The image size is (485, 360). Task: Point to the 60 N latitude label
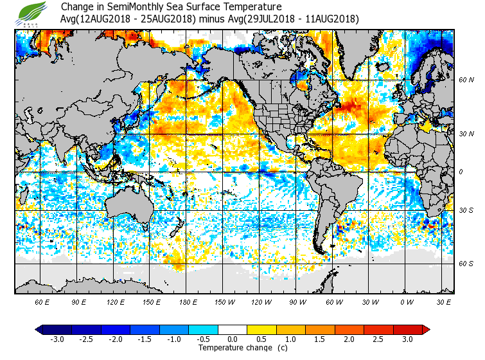(466, 80)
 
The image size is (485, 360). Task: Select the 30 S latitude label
(466, 211)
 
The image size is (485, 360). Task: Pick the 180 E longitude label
(188, 301)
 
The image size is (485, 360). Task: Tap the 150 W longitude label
(225, 301)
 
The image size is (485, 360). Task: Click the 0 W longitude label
(407, 301)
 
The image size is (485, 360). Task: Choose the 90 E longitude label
(79, 301)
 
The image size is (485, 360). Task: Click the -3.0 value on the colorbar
(57, 339)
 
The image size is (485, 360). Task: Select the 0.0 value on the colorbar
(233, 339)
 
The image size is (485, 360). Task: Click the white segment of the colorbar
(233, 330)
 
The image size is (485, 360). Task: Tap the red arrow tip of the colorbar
(427, 330)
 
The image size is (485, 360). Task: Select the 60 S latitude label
(466, 264)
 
